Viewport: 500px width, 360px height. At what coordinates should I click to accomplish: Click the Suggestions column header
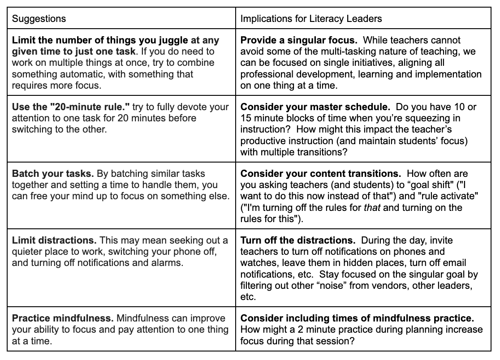[x=39, y=18]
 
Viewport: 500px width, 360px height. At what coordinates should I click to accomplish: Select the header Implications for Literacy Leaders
[x=311, y=18]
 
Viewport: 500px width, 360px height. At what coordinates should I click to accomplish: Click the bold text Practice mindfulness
[x=62, y=319]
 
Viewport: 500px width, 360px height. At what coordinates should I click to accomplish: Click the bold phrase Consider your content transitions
[x=315, y=174]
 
